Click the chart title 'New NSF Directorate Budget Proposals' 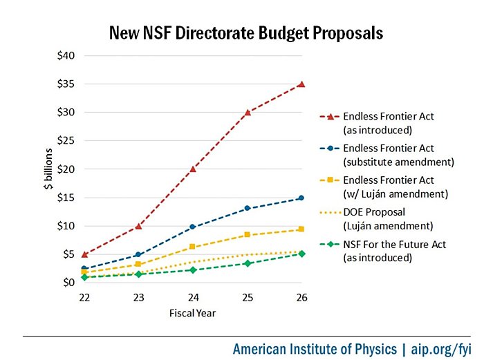[246, 32]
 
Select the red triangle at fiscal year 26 [301, 84]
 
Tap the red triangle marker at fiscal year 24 [193, 169]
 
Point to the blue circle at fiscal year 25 [248, 208]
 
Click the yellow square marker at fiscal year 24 [193, 247]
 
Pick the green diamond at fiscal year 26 [301, 254]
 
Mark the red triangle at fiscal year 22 [84, 254]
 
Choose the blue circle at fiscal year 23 [138, 255]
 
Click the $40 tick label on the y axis [66, 55]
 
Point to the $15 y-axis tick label [66, 198]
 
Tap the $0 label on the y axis [69, 283]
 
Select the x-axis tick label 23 [138, 298]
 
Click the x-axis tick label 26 [301, 298]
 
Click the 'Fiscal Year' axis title [193, 313]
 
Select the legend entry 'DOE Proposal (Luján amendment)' [381, 218]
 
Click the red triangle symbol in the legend [331, 116]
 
